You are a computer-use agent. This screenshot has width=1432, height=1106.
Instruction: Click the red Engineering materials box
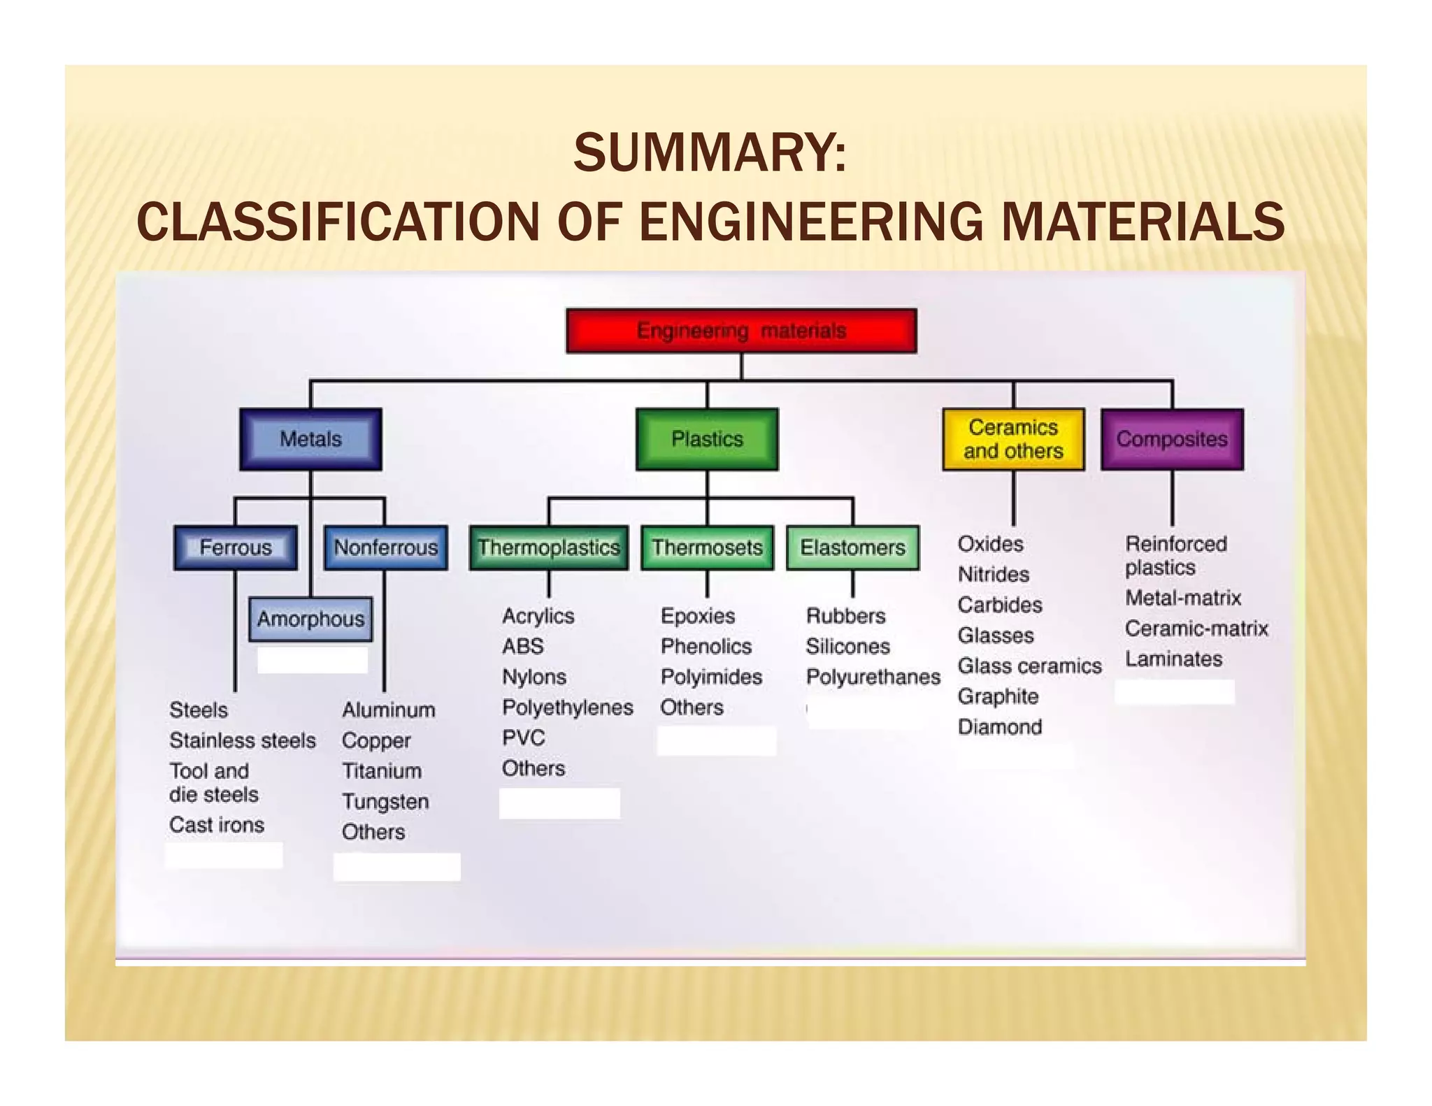741,331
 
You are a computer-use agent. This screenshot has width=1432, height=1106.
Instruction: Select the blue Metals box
310,439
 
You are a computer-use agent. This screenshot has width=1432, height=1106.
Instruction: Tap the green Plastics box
707,439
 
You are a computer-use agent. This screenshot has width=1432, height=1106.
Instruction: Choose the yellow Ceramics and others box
1013,439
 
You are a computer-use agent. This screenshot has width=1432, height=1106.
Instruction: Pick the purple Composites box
1172,439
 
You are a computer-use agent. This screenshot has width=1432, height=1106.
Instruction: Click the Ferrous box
236,547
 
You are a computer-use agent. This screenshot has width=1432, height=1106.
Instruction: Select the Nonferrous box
385,547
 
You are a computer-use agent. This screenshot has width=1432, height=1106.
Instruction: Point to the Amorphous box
310,619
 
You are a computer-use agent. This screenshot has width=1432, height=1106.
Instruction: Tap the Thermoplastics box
549,547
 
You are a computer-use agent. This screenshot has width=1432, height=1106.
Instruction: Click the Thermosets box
707,547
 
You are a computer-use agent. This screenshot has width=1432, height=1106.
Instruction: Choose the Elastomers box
852,547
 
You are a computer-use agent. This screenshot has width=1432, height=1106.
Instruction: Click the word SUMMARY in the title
709,153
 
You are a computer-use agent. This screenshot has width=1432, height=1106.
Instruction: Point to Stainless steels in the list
242,740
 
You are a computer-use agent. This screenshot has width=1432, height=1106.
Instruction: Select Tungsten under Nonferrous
385,801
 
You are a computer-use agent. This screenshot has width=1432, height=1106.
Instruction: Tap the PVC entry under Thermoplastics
523,738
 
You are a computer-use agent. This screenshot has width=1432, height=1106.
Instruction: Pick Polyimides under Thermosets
711,677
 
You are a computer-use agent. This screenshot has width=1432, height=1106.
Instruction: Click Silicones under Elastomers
847,647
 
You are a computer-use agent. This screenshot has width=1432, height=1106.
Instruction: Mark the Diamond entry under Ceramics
999,727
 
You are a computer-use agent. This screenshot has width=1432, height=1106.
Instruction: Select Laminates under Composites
1173,659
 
